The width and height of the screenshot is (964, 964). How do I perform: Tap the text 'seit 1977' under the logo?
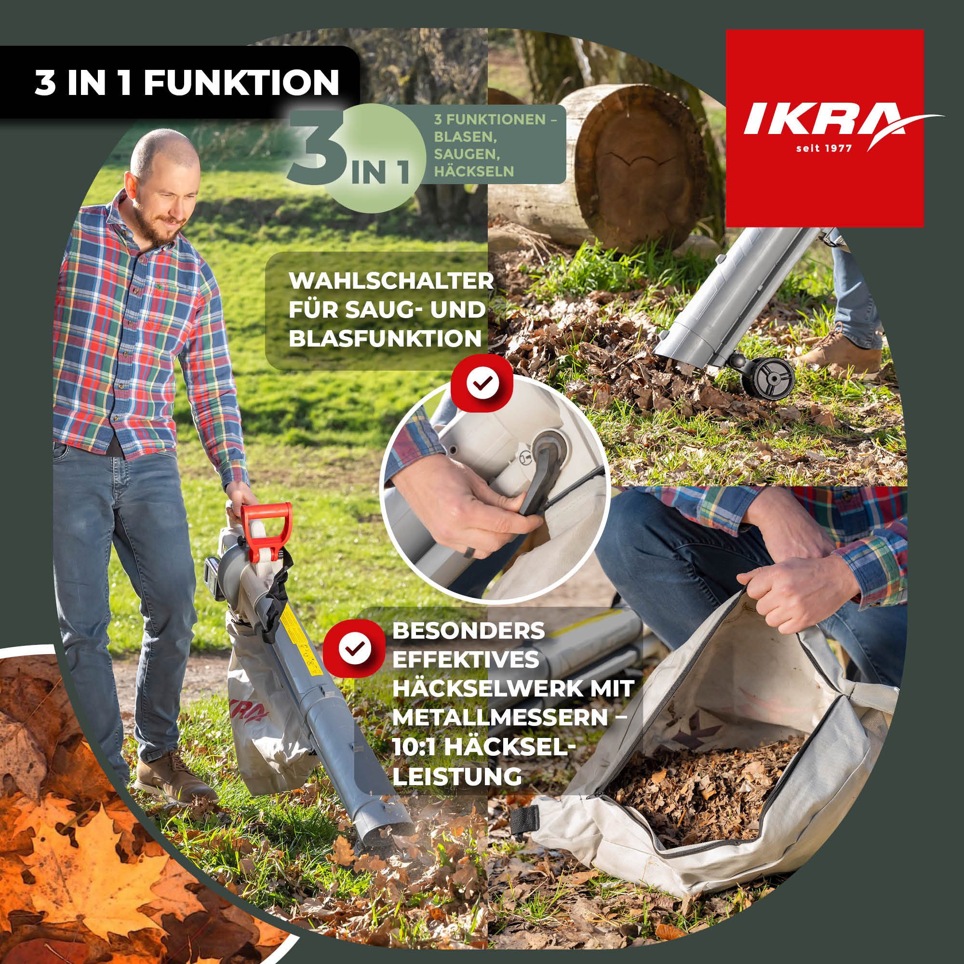823,147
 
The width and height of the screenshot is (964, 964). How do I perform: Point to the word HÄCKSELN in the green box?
473,172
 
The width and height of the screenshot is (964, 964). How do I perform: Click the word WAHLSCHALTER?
391,281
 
